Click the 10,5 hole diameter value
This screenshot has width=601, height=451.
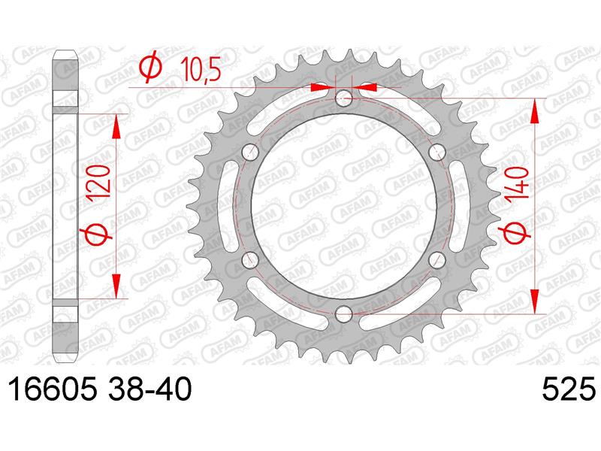tap(201, 70)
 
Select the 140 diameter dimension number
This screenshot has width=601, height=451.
tap(517, 183)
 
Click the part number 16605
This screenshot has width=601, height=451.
tap(53, 389)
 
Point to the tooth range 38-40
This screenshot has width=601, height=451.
tap(148, 389)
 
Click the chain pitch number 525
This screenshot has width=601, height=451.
tap(569, 389)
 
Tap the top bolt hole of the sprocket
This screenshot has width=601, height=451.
tap(343, 98)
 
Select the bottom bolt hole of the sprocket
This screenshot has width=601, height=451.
tap(343, 313)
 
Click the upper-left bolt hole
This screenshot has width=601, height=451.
tap(250, 152)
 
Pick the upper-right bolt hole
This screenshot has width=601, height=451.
tap(437, 152)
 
